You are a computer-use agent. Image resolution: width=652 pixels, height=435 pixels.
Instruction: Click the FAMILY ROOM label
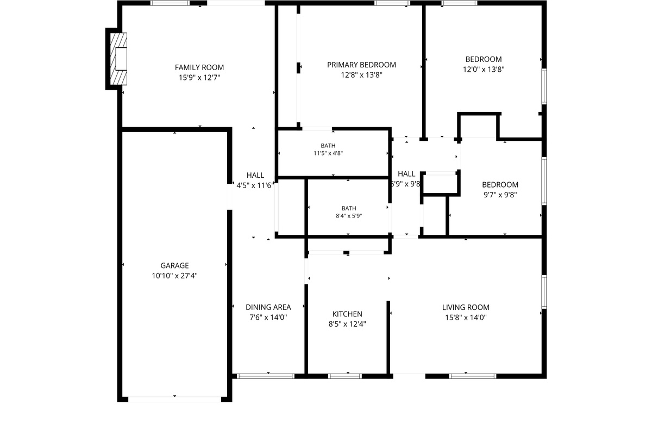click(199, 67)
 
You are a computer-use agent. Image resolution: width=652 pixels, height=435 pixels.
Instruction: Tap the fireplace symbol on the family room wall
click(118, 59)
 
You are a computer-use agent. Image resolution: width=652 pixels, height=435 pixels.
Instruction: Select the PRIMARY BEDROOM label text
click(361, 65)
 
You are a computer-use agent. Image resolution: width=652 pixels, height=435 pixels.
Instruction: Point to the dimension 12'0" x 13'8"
click(484, 70)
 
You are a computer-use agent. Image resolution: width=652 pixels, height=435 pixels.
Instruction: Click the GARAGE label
click(174, 265)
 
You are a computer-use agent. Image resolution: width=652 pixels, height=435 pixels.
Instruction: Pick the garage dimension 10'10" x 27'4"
click(174, 276)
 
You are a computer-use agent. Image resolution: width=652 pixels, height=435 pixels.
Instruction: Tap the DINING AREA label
click(268, 307)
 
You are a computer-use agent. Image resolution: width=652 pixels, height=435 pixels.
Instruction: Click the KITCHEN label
click(347, 314)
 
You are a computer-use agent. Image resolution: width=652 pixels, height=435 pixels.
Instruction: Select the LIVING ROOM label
click(466, 307)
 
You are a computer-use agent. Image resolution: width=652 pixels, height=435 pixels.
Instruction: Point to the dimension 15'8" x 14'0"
click(466, 318)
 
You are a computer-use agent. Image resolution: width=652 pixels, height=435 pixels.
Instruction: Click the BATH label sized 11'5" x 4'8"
click(328, 146)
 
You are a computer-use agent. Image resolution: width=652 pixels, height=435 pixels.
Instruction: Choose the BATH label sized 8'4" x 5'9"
click(349, 208)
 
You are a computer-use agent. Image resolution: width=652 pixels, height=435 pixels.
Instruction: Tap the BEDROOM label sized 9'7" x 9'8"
click(500, 185)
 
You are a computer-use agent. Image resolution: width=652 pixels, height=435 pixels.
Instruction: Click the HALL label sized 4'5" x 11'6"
click(255, 176)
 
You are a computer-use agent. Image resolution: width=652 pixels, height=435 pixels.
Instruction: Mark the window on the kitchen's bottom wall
click(345, 376)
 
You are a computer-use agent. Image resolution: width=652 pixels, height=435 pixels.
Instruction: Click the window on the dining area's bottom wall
click(266, 376)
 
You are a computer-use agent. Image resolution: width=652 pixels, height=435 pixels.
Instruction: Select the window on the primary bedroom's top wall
click(392, 3)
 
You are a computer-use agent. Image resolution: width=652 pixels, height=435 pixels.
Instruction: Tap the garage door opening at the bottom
click(174, 400)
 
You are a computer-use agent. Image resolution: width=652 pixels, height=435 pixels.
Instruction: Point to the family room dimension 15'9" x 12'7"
click(199, 78)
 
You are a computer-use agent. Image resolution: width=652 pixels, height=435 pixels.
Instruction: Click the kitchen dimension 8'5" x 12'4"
click(347, 324)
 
